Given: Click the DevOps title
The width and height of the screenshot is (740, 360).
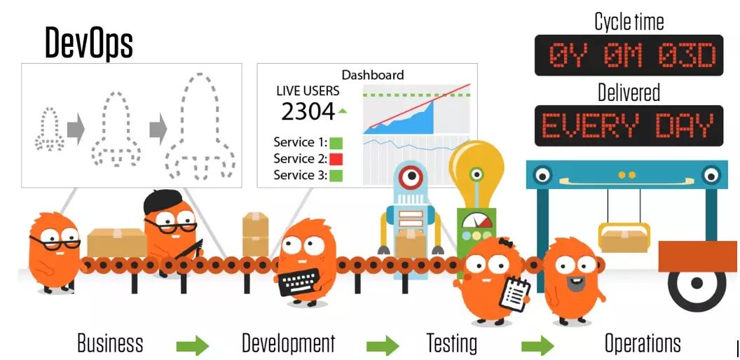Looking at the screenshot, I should point(89,43).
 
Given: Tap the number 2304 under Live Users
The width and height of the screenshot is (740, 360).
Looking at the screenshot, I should point(308,111).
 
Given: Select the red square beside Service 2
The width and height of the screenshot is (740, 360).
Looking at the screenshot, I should point(336,159).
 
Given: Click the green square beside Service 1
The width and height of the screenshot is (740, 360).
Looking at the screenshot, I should point(336,143).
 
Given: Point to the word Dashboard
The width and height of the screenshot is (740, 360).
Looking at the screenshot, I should point(373,75).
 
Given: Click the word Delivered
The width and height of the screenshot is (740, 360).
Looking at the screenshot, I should point(629,92).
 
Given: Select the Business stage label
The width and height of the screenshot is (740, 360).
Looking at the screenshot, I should point(110,343).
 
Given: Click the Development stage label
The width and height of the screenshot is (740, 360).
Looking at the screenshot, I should point(288,343).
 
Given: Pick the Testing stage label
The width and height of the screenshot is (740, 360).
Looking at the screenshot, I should point(452,343).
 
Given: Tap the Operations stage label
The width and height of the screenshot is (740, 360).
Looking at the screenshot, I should point(642,343).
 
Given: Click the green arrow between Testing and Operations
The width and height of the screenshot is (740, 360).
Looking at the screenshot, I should point(537,345).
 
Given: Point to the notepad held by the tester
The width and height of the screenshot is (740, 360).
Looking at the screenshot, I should point(515,293).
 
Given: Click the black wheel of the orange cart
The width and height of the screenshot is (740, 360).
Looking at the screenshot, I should point(696,284).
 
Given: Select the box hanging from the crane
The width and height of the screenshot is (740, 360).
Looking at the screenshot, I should point(623,239).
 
